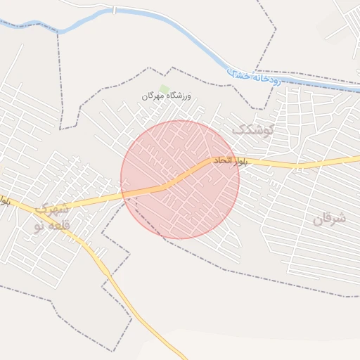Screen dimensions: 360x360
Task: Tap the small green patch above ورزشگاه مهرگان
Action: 165,87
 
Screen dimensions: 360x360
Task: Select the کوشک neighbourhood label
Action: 252,129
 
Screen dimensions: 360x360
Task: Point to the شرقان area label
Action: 329,219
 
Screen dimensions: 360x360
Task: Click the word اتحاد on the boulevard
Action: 217,162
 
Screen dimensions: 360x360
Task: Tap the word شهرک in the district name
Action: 52,209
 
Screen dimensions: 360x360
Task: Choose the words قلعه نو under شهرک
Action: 51,226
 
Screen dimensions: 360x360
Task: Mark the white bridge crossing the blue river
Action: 113,11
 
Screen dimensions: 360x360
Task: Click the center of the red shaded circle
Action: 180,179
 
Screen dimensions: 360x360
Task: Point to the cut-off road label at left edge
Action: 5,200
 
